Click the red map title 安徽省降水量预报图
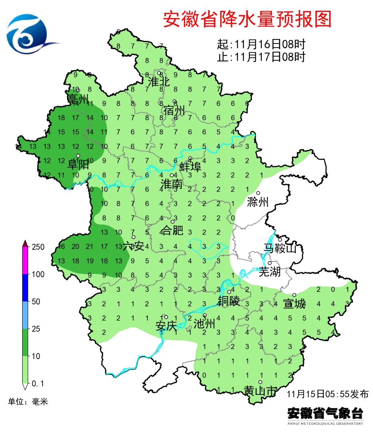247,19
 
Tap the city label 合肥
172,230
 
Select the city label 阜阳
78,164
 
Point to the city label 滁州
258,202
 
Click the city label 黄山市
260,391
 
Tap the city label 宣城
294,304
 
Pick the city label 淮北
159,82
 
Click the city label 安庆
166,326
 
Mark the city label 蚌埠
190,167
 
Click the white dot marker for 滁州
258,193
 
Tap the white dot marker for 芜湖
269,263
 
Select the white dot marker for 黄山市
260,382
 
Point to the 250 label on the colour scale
38,247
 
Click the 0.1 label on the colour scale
38,383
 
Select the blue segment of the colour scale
25,288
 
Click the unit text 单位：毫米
28,402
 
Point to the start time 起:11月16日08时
261,44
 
